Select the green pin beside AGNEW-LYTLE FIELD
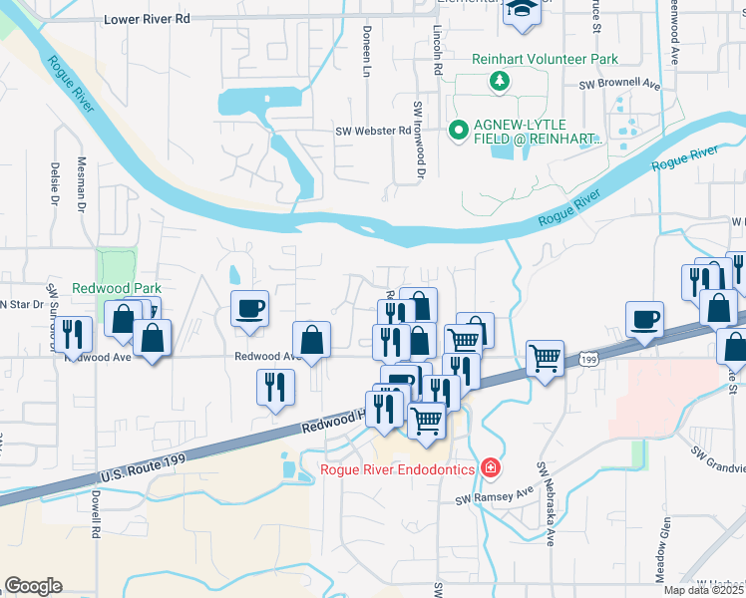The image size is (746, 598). coord(459,130)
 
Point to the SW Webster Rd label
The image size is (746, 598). coord(373,131)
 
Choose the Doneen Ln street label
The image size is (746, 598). coord(367,53)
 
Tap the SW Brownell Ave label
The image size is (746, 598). coord(621,86)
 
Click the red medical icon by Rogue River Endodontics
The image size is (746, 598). coord(490,466)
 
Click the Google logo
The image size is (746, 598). coord(33,586)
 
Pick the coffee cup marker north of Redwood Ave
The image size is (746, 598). coord(249,306)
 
